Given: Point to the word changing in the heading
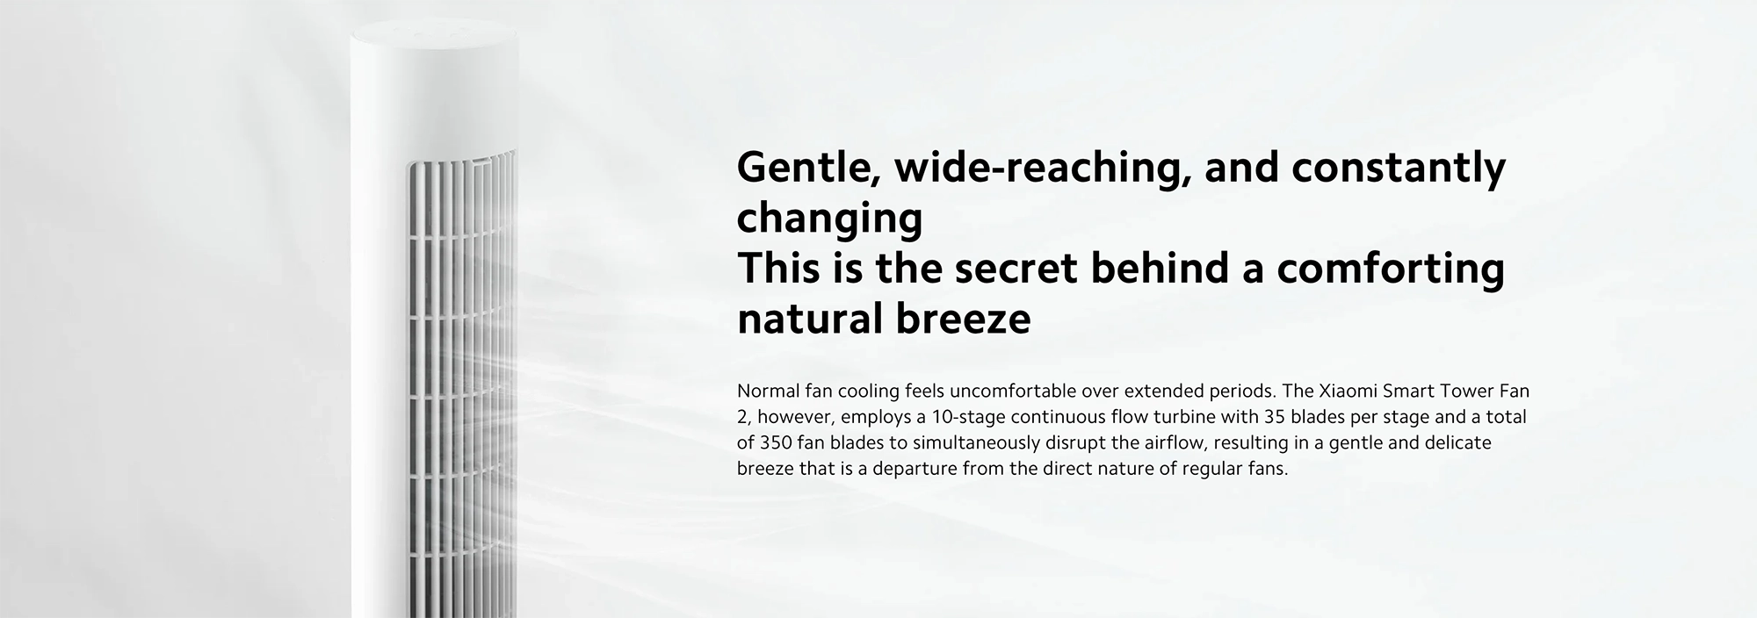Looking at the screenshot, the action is tap(829, 219).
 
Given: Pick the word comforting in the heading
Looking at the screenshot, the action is tap(1391, 269).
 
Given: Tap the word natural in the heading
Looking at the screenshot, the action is tap(809, 319).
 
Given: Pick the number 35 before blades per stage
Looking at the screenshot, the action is tap(1276, 417).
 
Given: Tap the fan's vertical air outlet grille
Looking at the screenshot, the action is tap(461, 386).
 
